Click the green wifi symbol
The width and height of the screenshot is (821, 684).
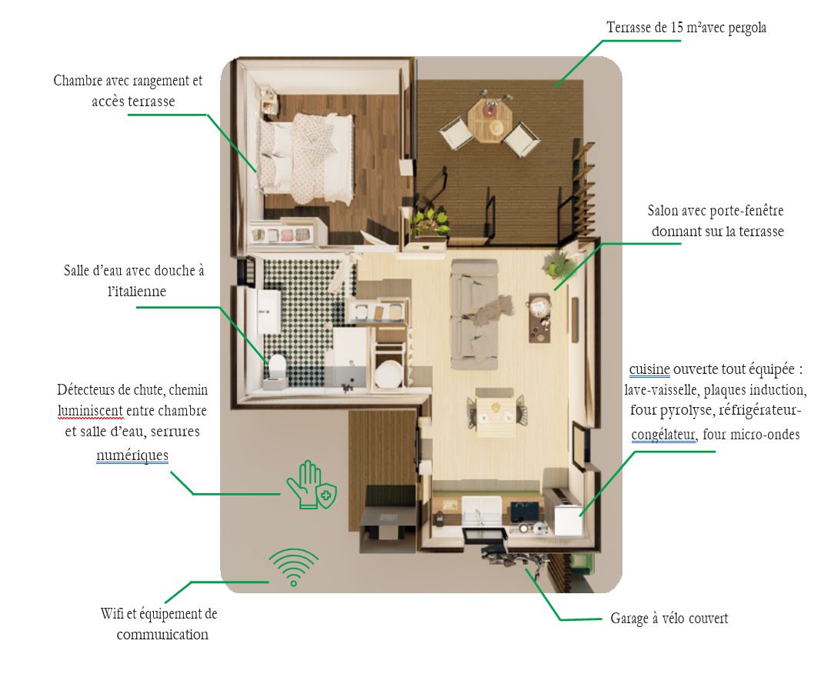[x=293, y=567]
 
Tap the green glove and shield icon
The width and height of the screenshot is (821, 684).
[x=312, y=485]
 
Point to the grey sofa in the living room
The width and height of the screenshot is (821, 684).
[x=475, y=314]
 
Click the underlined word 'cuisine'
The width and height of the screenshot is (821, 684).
[x=649, y=369]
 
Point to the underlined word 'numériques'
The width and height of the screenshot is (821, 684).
[x=132, y=455]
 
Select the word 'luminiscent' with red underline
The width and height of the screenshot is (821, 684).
[x=91, y=411]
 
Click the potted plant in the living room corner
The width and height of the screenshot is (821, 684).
[x=559, y=264]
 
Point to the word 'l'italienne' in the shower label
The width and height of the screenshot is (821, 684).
[x=137, y=291]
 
